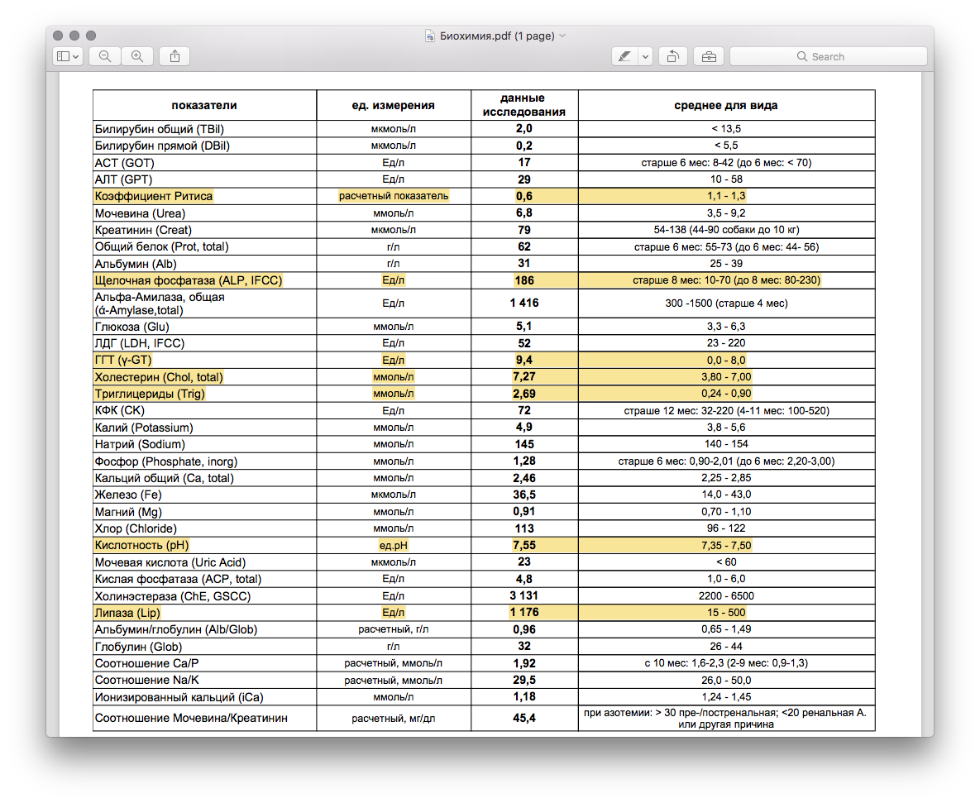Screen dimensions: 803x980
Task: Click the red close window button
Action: [x=58, y=36]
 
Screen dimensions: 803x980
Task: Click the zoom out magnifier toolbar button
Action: [x=105, y=56]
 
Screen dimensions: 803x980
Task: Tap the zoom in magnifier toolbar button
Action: [x=137, y=56]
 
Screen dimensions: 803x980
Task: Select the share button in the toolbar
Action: [x=174, y=56]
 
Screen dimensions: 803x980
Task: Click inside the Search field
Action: [x=828, y=56]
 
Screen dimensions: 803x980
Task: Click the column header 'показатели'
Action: [x=204, y=105]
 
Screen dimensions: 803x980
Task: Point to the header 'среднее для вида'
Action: [x=725, y=105]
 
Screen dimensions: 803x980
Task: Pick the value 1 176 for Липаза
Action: [x=524, y=613]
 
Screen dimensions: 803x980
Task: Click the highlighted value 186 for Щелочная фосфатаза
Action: [x=524, y=280]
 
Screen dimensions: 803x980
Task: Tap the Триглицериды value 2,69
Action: [x=524, y=394]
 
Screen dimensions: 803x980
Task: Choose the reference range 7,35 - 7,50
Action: [x=725, y=546]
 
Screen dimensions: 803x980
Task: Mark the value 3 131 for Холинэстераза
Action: [x=524, y=596]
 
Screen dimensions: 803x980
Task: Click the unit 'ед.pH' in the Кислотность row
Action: [x=394, y=546]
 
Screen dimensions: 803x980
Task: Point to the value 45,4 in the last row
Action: [x=524, y=718]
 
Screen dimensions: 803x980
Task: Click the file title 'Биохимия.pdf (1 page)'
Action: [x=496, y=36]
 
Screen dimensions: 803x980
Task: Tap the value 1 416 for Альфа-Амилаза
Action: [x=524, y=304]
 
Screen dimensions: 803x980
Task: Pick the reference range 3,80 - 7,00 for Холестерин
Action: [x=725, y=377]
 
